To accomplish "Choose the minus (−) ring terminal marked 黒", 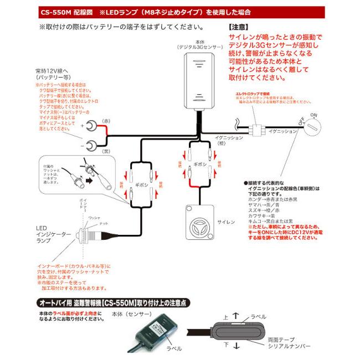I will pos(94,146).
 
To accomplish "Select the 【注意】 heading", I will pos(239,26).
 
